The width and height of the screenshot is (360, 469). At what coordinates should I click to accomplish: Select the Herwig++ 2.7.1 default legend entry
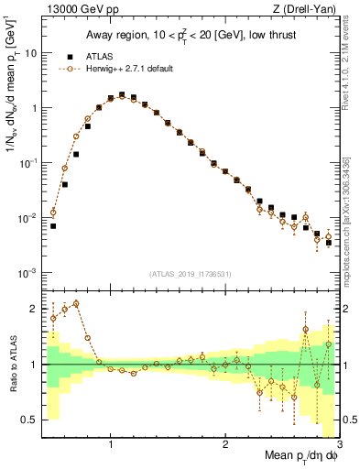point(127,69)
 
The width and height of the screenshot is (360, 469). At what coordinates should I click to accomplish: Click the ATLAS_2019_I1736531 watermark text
point(191,274)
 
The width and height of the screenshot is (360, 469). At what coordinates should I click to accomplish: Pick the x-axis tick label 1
point(111,444)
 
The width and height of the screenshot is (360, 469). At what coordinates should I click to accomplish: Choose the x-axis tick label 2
point(225,444)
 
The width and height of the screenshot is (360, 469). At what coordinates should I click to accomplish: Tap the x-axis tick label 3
point(338,444)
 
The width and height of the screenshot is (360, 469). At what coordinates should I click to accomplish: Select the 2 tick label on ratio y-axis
point(34,309)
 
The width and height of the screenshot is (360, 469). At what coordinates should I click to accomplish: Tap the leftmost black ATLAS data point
point(53,225)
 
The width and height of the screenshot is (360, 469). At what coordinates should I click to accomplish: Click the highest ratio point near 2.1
point(76,303)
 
